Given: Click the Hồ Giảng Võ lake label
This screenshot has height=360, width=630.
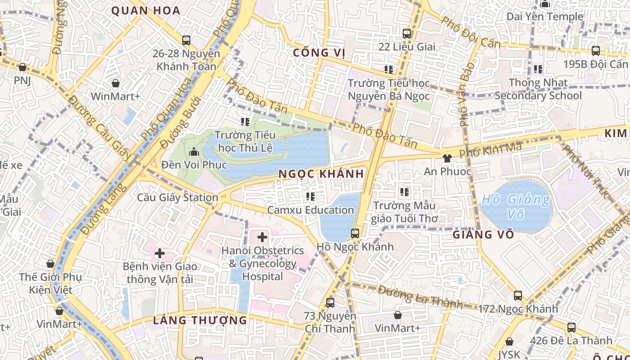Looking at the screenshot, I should (x=516, y=207).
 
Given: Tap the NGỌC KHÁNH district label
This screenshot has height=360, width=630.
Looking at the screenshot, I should (x=321, y=174).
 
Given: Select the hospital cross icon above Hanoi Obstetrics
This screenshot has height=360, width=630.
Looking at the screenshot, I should (x=262, y=237).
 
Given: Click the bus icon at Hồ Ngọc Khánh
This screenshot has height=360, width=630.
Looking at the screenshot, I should (x=355, y=233).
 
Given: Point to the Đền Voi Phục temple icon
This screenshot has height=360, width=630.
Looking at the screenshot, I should (x=194, y=152).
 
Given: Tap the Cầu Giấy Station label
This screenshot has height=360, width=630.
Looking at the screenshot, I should (x=177, y=197).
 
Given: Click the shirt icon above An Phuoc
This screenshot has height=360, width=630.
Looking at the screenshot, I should (x=447, y=158).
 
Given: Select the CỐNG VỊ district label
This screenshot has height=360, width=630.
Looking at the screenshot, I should (x=319, y=53).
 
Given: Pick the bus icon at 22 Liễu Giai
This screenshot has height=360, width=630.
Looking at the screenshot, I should (x=407, y=33).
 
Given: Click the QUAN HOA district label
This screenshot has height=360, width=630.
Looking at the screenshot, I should (x=145, y=11).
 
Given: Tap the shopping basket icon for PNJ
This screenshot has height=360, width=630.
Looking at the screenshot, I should (x=22, y=67).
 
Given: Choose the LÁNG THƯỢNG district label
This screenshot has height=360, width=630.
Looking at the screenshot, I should (x=200, y=320).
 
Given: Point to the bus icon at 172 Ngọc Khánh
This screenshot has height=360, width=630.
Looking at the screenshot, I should (x=518, y=296).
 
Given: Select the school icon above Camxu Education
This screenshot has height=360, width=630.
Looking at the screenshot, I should (x=310, y=196).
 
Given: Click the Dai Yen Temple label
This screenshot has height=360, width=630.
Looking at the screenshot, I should (x=544, y=17).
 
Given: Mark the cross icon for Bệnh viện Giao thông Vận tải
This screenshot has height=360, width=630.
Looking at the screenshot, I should (x=159, y=253).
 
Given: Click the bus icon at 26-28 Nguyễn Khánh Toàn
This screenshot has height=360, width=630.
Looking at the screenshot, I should (x=186, y=40).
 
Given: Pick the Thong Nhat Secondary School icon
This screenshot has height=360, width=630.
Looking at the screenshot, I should (x=538, y=69).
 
